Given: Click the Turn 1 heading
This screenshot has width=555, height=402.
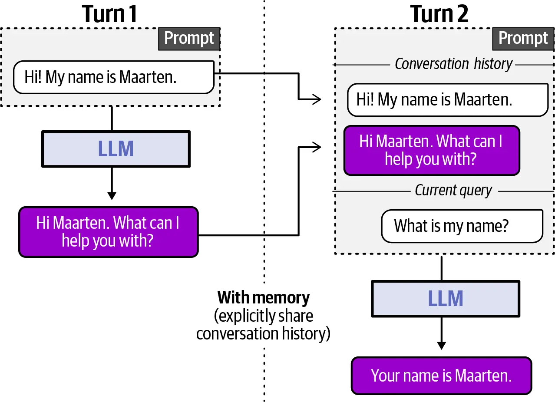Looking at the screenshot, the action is click(109, 14).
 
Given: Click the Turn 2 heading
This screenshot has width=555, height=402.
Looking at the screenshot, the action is click(439, 14).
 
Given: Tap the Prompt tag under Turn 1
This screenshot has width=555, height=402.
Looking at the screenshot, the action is click(189, 39).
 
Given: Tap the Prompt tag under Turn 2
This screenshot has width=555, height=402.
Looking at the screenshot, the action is click(523, 39).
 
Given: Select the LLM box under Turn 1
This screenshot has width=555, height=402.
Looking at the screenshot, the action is click(116, 149).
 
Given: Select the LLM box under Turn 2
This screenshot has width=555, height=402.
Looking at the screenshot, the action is click(446, 299).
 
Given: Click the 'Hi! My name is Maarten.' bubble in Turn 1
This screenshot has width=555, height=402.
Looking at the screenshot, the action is click(114, 77).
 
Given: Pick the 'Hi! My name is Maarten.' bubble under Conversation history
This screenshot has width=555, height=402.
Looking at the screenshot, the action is click(448, 100).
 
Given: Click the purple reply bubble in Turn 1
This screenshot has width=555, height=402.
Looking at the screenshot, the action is click(109, 232).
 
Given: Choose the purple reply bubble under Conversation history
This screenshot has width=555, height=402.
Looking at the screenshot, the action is click(432, 150).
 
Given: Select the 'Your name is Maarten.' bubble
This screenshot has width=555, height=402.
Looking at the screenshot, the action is click(442, 376).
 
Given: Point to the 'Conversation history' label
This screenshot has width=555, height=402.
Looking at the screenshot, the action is click(453, 64).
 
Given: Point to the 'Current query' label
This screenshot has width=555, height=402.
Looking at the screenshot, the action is click(453, 191).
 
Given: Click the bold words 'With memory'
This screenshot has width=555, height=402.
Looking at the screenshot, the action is click(264, 298).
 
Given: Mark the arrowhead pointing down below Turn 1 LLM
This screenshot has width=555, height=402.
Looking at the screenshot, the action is click(112, 196).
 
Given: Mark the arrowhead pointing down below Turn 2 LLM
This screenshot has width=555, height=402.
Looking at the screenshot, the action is click(442, 346).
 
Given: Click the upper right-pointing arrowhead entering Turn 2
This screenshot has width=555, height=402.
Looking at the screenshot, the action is click(317, 99).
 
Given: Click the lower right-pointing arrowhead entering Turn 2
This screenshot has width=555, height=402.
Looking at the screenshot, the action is click(317, 147).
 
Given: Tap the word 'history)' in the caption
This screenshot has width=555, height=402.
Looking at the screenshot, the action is click(306, 334).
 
